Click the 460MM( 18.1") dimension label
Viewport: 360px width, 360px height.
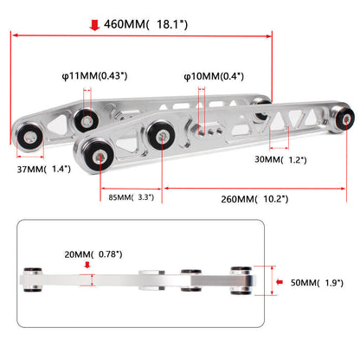click(145, 24)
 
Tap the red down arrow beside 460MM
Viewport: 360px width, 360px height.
click(94, 25)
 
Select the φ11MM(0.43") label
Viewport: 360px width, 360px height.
click(94, 76)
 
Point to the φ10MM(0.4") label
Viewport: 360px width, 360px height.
click(214, 76)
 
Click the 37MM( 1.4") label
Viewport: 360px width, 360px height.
click(44, 169)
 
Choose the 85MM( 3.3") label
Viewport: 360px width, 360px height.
click(132, 197)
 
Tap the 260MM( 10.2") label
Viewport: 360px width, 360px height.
click(254, 199)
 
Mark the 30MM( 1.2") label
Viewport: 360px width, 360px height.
click(280, 159)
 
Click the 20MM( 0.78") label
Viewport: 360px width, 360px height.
click(93, 254)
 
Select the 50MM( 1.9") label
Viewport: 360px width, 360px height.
click(317, 283)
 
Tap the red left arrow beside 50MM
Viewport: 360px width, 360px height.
click(280, 282)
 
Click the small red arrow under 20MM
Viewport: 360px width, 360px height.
click(87, 265)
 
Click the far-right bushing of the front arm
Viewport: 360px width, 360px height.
click(344, 119)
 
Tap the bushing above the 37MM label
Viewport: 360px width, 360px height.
click(29, 137)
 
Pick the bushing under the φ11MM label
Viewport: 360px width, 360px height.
click(86, 120)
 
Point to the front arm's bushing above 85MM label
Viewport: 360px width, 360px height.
click(99, 157)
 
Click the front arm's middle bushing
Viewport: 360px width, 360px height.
click(161, 135)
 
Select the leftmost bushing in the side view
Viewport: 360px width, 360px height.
click(33, 280)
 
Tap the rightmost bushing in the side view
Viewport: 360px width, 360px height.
click(241, 280)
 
